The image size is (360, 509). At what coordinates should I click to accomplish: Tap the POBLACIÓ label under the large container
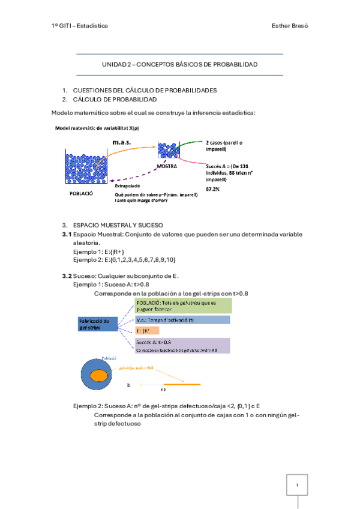[83, 194]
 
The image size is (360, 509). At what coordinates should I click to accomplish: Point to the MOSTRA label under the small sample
[167, 166]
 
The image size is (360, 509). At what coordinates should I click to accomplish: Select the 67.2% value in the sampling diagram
[213, 188]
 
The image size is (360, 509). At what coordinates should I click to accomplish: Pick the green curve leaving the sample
[187, 146]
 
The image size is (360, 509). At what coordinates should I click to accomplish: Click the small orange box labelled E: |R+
[147, 331]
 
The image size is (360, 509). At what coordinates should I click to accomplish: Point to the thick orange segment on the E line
[182, 384]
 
